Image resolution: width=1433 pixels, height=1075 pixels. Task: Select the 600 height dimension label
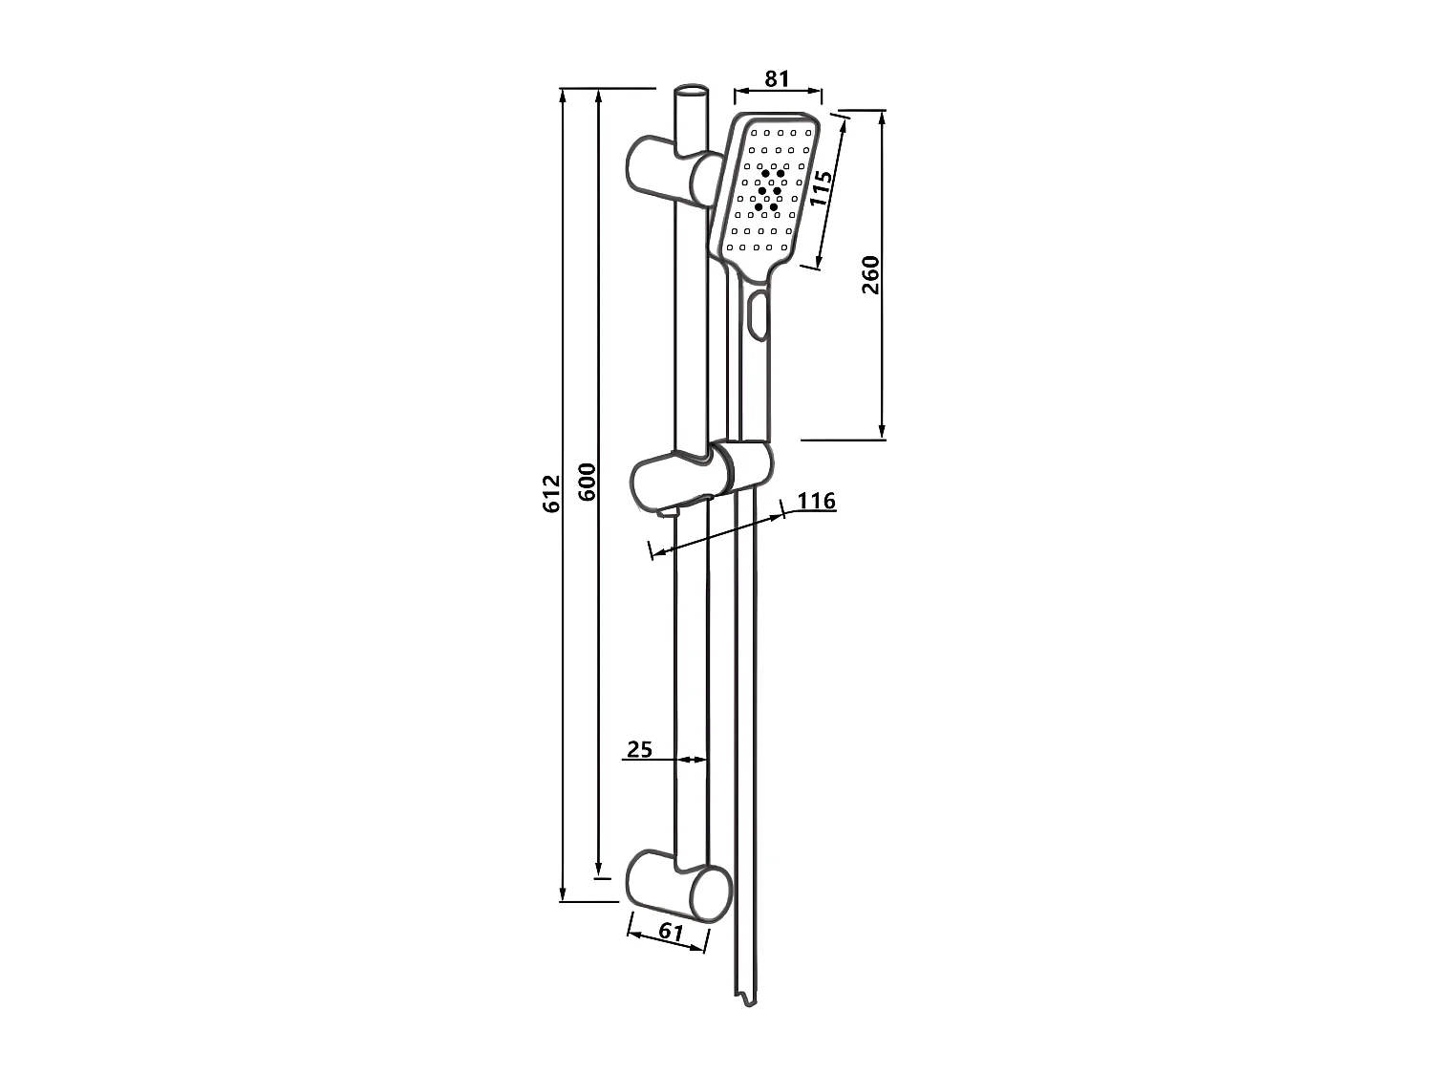tap(588, 483)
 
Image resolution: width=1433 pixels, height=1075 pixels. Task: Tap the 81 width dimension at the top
tap(778, 78)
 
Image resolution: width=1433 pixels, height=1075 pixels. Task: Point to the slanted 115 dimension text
tap(820, 188)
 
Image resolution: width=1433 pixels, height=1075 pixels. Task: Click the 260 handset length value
tap(870, 274)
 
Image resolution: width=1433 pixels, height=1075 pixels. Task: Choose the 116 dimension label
tap(816, 501)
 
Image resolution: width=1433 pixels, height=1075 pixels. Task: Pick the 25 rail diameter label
tap(639, 749)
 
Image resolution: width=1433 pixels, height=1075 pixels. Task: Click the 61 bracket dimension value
tap(672, 932)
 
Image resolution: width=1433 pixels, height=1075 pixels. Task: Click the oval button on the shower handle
tap(759, 315)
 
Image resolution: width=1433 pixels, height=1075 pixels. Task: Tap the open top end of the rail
tap(692, 93)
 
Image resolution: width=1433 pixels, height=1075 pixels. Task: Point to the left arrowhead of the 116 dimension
tap(656, 551)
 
